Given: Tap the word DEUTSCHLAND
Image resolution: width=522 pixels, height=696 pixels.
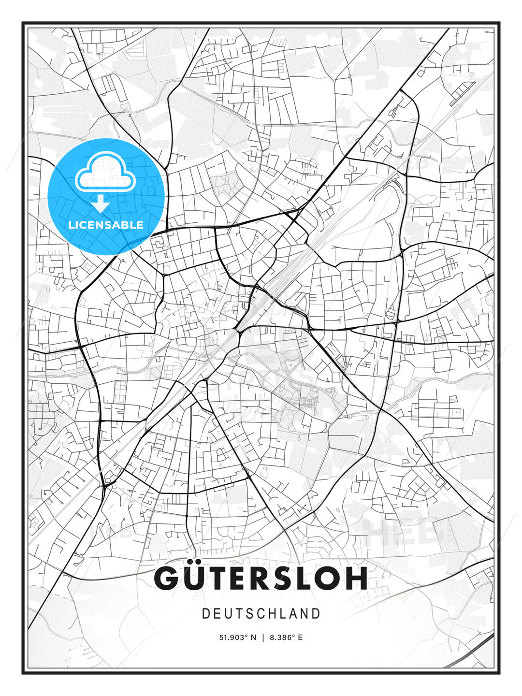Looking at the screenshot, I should pos(261,614).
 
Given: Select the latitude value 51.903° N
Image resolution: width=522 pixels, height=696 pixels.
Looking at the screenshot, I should pos(237,638).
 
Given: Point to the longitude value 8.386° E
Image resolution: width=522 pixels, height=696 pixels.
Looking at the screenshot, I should pos(287,638).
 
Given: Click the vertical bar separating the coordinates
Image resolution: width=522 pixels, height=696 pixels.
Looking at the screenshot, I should pos(263,638).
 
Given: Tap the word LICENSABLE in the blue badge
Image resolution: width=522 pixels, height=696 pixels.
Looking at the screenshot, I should pos(106,225).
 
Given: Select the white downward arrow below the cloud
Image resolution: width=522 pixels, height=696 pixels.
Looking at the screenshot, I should pos(101,204).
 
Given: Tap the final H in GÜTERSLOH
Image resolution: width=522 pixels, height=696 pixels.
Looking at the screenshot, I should pos(356,578).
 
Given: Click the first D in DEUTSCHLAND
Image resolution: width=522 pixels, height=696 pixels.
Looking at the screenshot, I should pos(205,614).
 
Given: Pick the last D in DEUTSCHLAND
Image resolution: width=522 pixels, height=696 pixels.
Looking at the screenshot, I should pos(316,614).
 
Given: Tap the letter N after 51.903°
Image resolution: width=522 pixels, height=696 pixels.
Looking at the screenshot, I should pos(254,638).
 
